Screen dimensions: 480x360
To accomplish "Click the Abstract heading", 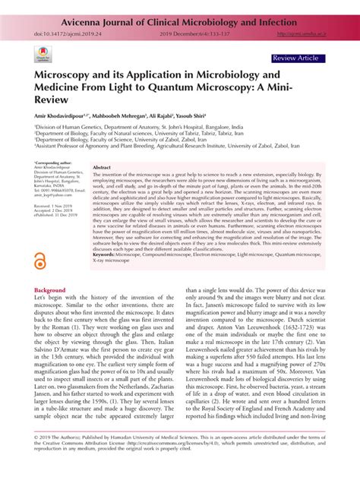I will coord(103,166).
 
